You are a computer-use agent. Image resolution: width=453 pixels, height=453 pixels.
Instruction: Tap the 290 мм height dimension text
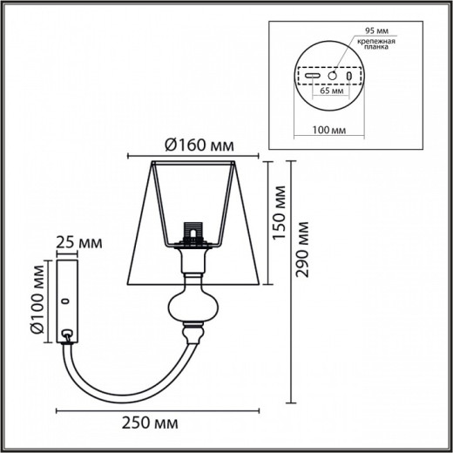(303, 254)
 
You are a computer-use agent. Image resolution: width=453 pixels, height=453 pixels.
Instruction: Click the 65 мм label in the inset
(330, 89)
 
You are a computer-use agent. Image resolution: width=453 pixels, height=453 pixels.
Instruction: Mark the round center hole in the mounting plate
(331, 76)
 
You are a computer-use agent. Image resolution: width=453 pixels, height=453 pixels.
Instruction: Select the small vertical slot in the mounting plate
(351, 76)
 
